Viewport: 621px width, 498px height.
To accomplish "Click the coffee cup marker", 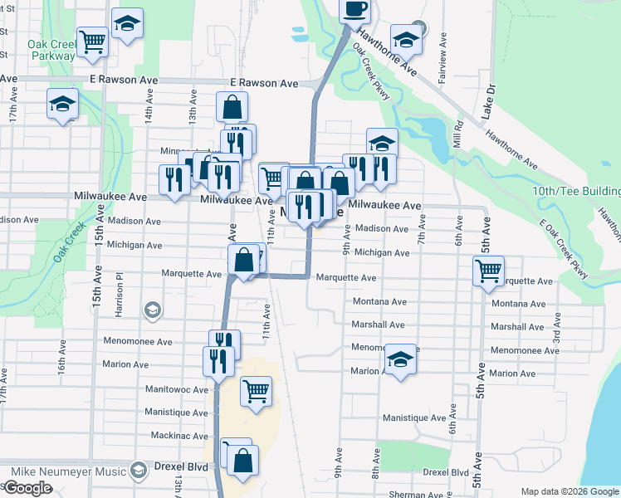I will (355, 10).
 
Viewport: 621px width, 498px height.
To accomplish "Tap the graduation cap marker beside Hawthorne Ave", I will (406, 40).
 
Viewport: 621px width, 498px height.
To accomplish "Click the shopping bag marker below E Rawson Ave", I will (232, 107).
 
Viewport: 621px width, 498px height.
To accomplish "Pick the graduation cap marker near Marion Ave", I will (400, 360).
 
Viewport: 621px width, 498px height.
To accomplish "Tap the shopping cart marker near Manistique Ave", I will (257, 391).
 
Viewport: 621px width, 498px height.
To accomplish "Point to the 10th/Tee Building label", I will (576, 192).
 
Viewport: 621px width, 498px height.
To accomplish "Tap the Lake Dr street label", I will (491, 99).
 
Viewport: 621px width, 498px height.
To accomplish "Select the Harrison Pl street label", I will (120, 287).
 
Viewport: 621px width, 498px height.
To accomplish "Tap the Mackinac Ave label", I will (179, 435).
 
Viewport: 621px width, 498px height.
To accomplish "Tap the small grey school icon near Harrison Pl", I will (152, 310).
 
